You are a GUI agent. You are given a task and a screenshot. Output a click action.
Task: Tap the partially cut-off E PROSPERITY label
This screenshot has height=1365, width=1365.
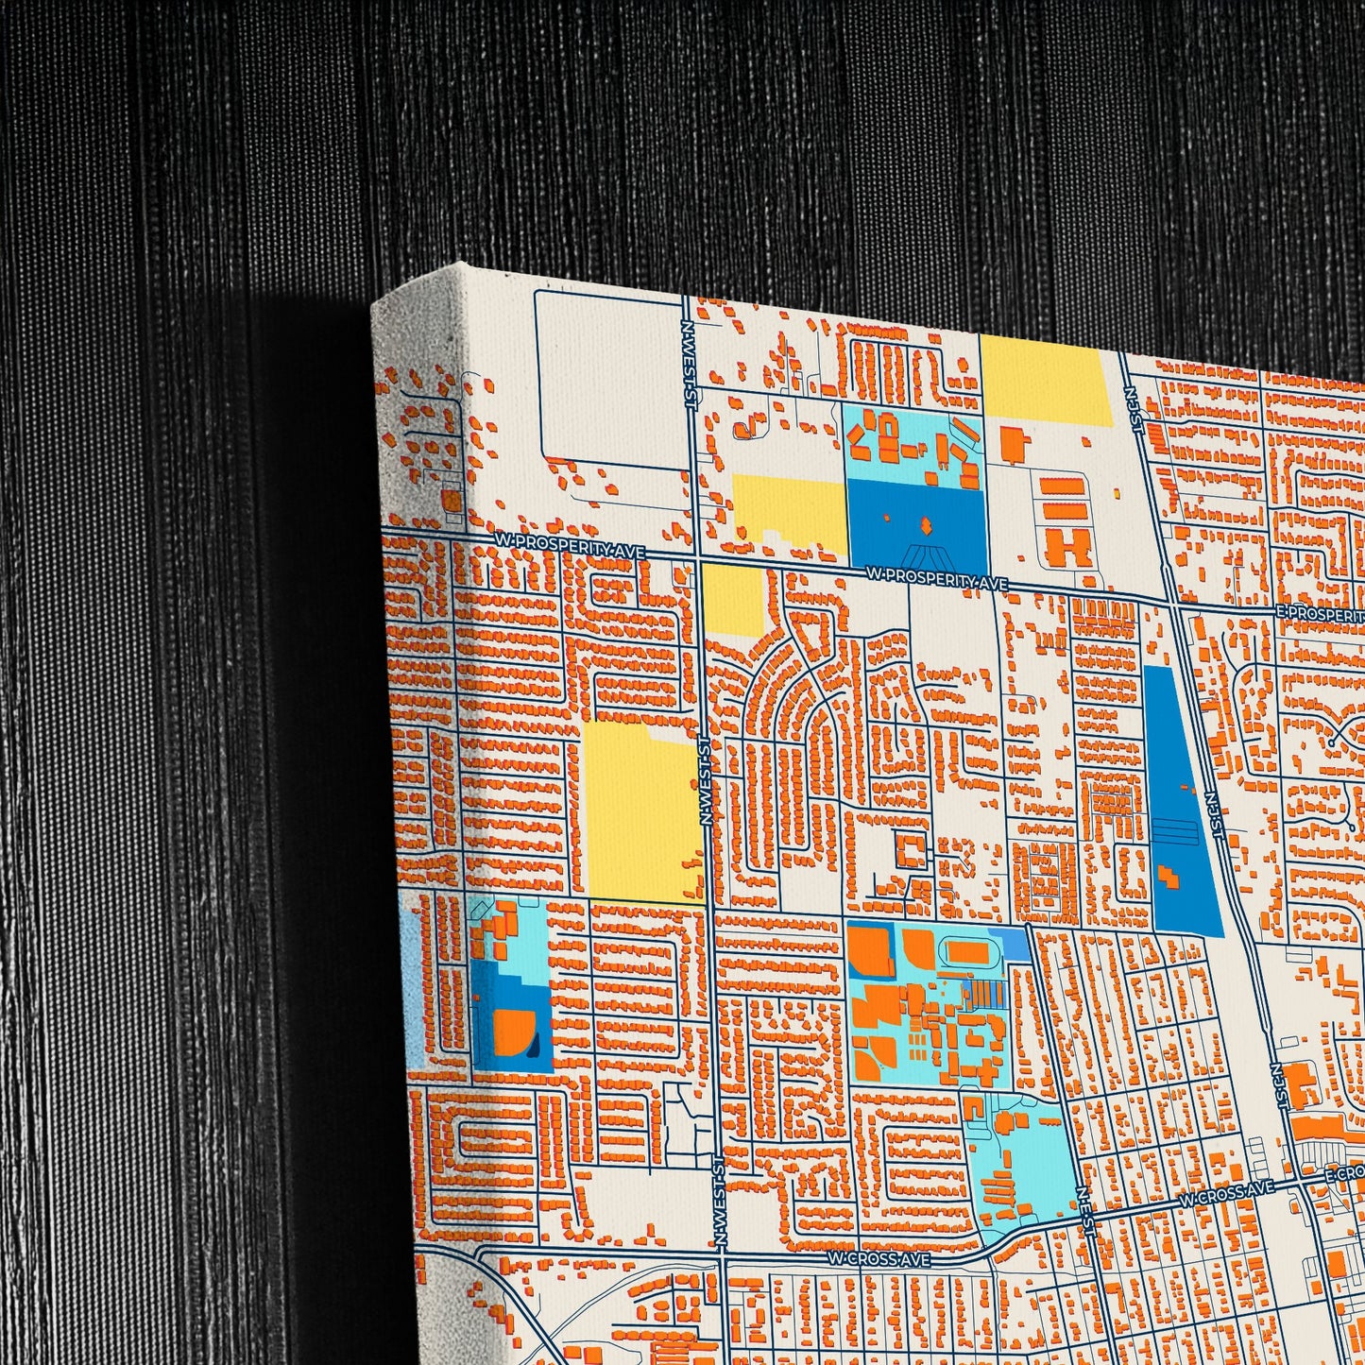[1319, 613]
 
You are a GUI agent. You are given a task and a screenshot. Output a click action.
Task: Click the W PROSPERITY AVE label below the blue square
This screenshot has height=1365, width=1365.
[936, 578]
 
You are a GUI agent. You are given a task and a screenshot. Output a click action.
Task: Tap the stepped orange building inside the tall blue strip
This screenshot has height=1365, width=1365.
[1169, 876]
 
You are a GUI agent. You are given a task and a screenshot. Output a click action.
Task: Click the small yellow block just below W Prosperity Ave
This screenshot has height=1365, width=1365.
[731, 600]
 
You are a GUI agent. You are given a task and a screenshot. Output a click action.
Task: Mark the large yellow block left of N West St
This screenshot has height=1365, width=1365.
[640, 810]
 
